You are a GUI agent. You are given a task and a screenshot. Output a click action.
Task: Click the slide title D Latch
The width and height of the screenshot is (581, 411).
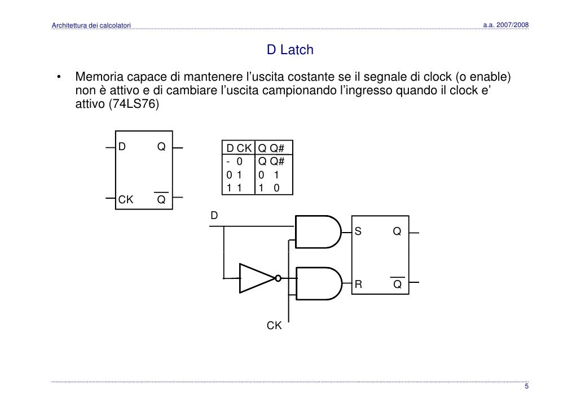click(x=290, y=51)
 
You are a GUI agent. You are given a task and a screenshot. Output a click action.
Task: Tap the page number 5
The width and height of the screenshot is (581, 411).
click(x=526, y=387)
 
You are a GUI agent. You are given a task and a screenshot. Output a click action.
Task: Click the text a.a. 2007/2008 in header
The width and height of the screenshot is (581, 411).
click(x=506, y=25)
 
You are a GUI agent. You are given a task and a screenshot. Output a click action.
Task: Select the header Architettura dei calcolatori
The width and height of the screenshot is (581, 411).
click(x=91, y=25)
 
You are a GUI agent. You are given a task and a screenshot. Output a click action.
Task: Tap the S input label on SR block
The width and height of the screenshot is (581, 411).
click(x=358, y=231)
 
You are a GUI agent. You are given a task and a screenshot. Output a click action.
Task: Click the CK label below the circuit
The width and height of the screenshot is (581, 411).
click(x=274, y=325)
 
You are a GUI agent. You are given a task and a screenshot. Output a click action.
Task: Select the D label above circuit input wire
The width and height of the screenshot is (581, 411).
click(x=214, y=215)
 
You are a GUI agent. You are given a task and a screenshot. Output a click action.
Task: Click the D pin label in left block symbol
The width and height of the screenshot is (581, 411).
click(x=121, y=147)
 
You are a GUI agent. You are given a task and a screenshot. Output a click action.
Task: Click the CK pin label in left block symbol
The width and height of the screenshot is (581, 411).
click(x=125, y=200)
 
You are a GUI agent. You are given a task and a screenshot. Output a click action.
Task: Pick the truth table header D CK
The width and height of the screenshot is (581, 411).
click(x=239, y=148)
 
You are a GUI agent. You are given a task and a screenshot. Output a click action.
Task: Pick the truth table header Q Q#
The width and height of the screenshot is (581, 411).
click(x=271, y=148)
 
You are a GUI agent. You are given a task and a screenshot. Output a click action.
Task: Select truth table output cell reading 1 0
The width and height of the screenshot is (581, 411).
click(x=269, y=189)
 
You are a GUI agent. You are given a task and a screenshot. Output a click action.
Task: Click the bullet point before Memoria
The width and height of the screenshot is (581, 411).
click(x=57, y=78)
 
